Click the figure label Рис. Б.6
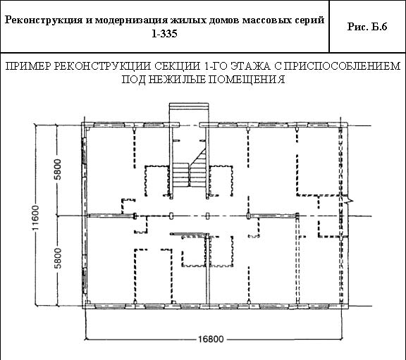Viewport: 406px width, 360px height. [367, 27]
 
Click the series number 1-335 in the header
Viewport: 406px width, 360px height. [164, 34]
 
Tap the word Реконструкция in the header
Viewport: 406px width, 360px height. [44, 20]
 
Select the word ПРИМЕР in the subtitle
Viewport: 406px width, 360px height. [28, 66]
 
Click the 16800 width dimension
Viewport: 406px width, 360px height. [211, 339]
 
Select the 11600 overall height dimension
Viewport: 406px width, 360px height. [35, 218]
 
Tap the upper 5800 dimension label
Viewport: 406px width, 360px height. [59, 169]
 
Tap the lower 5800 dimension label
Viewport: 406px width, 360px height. [59, 258]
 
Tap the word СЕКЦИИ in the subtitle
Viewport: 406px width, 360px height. [178, 66]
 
